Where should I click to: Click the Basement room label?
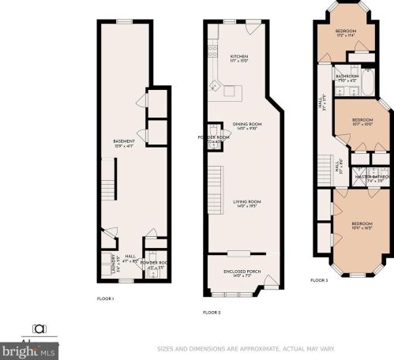tap(124, 143)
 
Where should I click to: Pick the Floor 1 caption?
tap(105, 298)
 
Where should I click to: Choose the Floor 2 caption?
tap(212, 313)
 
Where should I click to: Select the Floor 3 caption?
tap(319, 281)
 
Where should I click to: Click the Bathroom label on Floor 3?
tap(347, 77)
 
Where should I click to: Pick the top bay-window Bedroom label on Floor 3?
tap(345, 32)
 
